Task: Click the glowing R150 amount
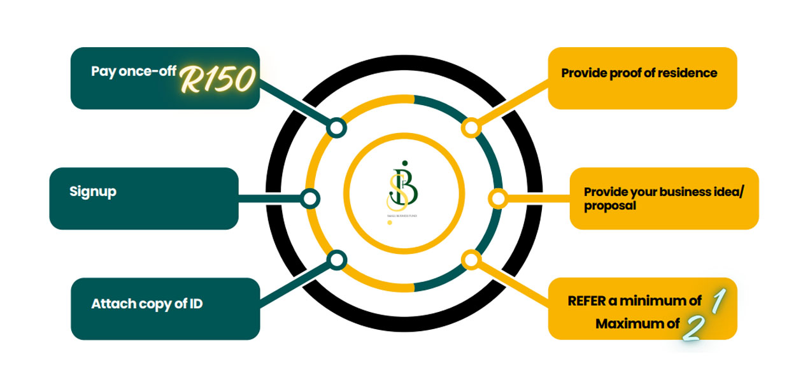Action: (x=218, y=79)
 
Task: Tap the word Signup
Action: (x=93, y=191)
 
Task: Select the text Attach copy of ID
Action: (x=147, y=304)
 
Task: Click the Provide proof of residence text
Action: (x=639, y=73)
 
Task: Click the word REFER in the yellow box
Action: (x=584, y=301)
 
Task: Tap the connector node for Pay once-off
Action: (x=336, y=128)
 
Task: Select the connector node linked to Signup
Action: (x=310, y=199)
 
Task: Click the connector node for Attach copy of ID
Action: (x=336, y=259)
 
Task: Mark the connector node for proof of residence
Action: (x=471, y=128)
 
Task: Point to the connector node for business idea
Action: (x=498, y=199)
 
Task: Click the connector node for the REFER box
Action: (x=471, y=259)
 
